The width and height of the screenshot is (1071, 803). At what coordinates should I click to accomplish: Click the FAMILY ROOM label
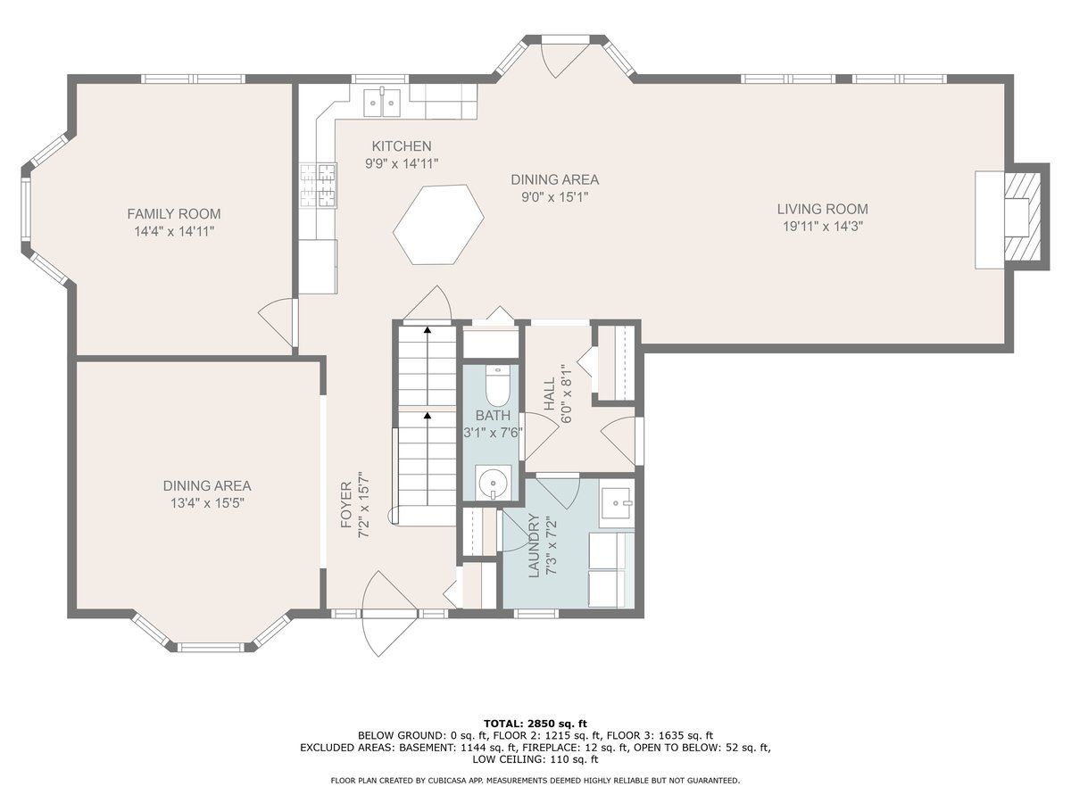174,213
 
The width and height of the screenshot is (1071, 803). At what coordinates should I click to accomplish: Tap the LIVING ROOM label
823,209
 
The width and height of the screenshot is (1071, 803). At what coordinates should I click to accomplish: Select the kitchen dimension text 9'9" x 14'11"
402,164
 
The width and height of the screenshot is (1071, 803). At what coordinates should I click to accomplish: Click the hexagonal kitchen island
438,224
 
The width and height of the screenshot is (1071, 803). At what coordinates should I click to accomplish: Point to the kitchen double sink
382,103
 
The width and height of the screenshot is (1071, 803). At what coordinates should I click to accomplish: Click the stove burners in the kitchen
318,186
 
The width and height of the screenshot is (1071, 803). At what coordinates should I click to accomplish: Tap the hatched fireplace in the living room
1022,218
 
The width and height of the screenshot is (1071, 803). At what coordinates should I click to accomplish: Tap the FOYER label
346,505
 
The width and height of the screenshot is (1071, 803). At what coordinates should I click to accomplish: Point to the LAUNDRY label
534,545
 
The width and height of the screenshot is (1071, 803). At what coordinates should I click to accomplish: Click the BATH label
493,416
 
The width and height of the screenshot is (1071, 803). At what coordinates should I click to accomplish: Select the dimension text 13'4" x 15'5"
207,502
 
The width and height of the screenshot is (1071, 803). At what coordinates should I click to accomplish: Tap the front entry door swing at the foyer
390,613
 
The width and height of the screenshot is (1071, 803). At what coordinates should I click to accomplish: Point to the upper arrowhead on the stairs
428,330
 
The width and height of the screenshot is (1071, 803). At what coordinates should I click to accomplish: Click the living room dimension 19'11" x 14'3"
823,227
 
